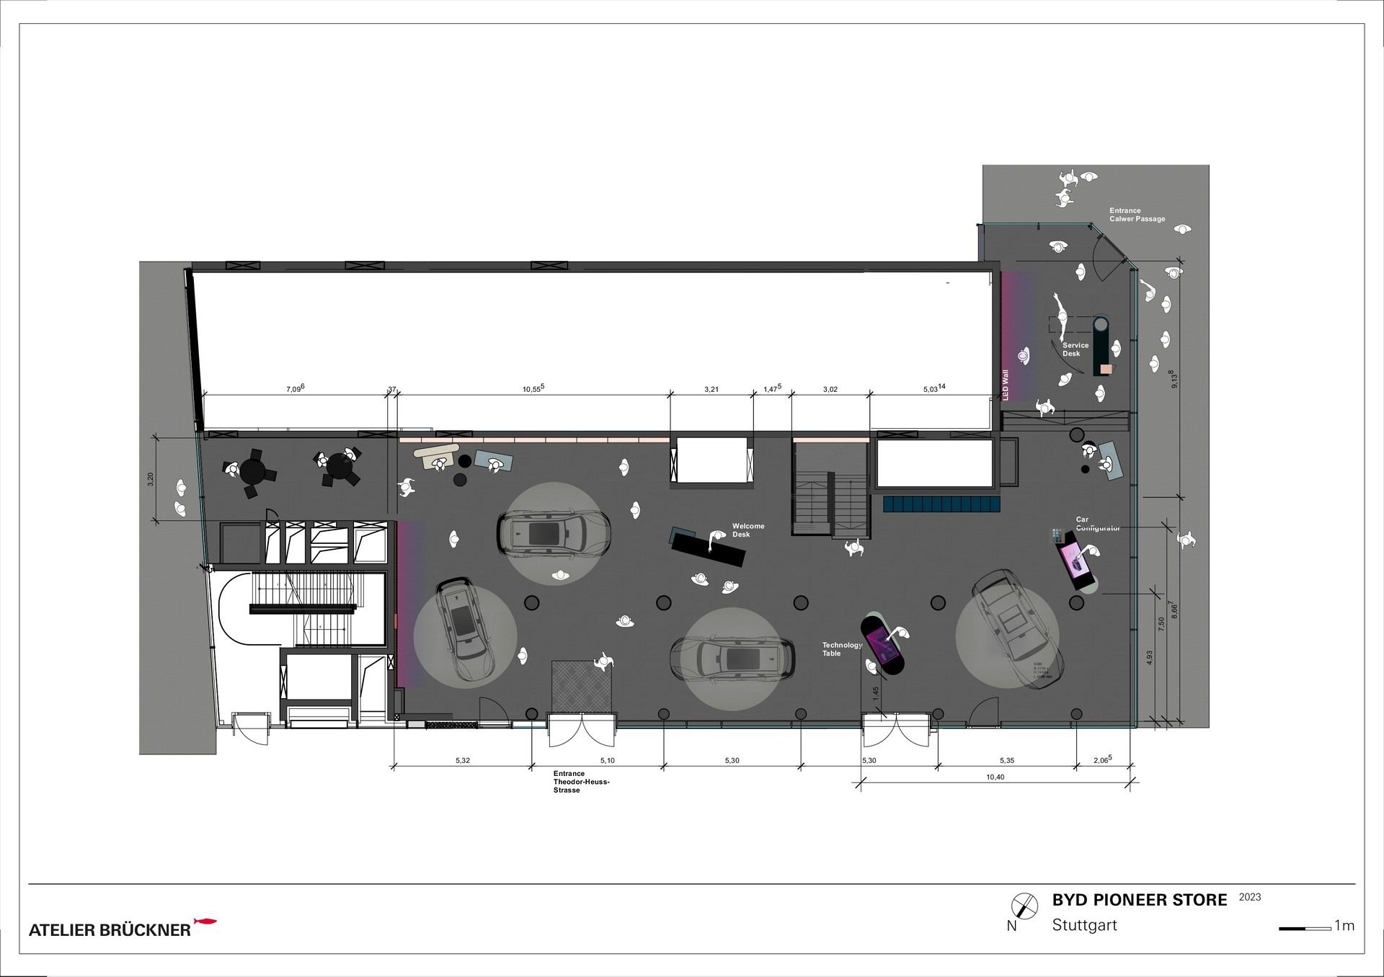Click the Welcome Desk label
(x=748, y=530)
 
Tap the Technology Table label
(x=841, y=649)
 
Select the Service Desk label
(x=1075, y=349)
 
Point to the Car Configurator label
(x=1096, y=524)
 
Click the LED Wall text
(x=1006, y=385)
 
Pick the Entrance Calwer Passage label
(x=1137, y=215)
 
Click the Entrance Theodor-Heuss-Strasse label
(x=581, y=782)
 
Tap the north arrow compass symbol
(x=1021, y=905)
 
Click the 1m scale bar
(x=1305, y=929)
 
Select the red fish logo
(x=205, y=922)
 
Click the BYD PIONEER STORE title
(x=1139, y=900)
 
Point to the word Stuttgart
(x=1084, y=925)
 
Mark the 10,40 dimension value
(x=994, y=777)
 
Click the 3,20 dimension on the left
(x=150, y=478)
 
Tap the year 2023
(x=1250, y=897)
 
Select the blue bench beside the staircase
(x=941, y=503)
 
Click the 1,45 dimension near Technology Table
(x=875, y=693)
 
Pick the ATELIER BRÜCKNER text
(x=110, y=930)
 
